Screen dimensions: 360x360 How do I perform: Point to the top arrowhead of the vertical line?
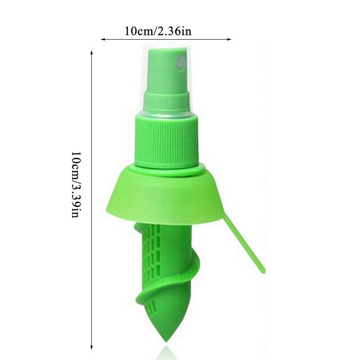point(92,53)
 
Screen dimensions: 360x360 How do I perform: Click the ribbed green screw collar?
point(166,139)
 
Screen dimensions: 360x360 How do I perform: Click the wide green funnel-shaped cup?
point(164,198)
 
